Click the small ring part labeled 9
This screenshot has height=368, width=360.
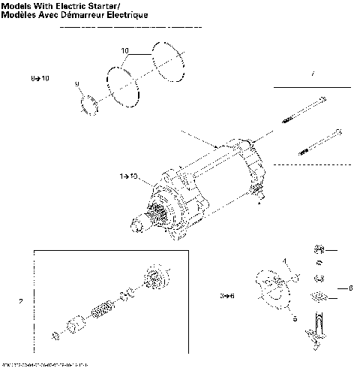[x=88, y=103]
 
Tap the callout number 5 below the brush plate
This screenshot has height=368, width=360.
[x=295, y=318]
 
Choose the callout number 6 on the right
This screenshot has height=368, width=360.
[x=349, y=287]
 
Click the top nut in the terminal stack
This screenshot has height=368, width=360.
[x=318, y=249]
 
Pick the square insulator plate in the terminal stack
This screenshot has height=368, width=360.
[x=320, y=294]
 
